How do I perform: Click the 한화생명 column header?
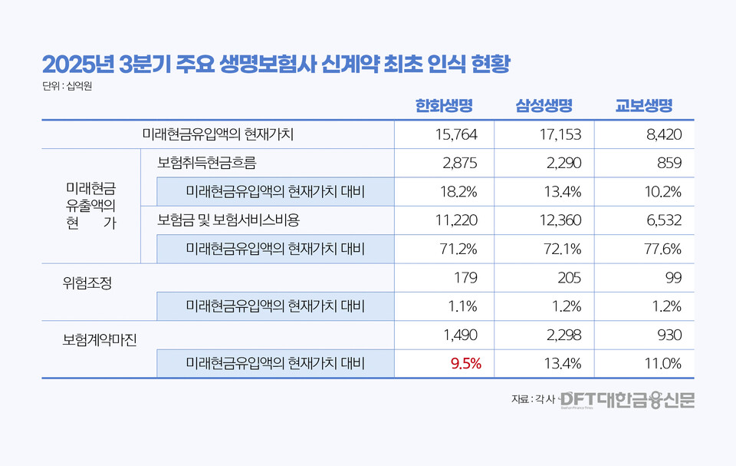[x=443, y=105]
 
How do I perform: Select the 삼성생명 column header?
[x=544, y=105]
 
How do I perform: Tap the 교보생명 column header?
[x=643, y=105]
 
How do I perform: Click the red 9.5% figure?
[x=464, y=364]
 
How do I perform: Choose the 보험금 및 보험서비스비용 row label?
[x=228, y=220]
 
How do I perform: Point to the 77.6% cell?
[x=662, y=249]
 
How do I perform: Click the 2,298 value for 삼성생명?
[x=565, y=335]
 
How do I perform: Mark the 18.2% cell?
[x=460, y=191]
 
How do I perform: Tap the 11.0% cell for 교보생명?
[x=662, y=364]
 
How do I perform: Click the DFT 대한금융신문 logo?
[x=626, y=399]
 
